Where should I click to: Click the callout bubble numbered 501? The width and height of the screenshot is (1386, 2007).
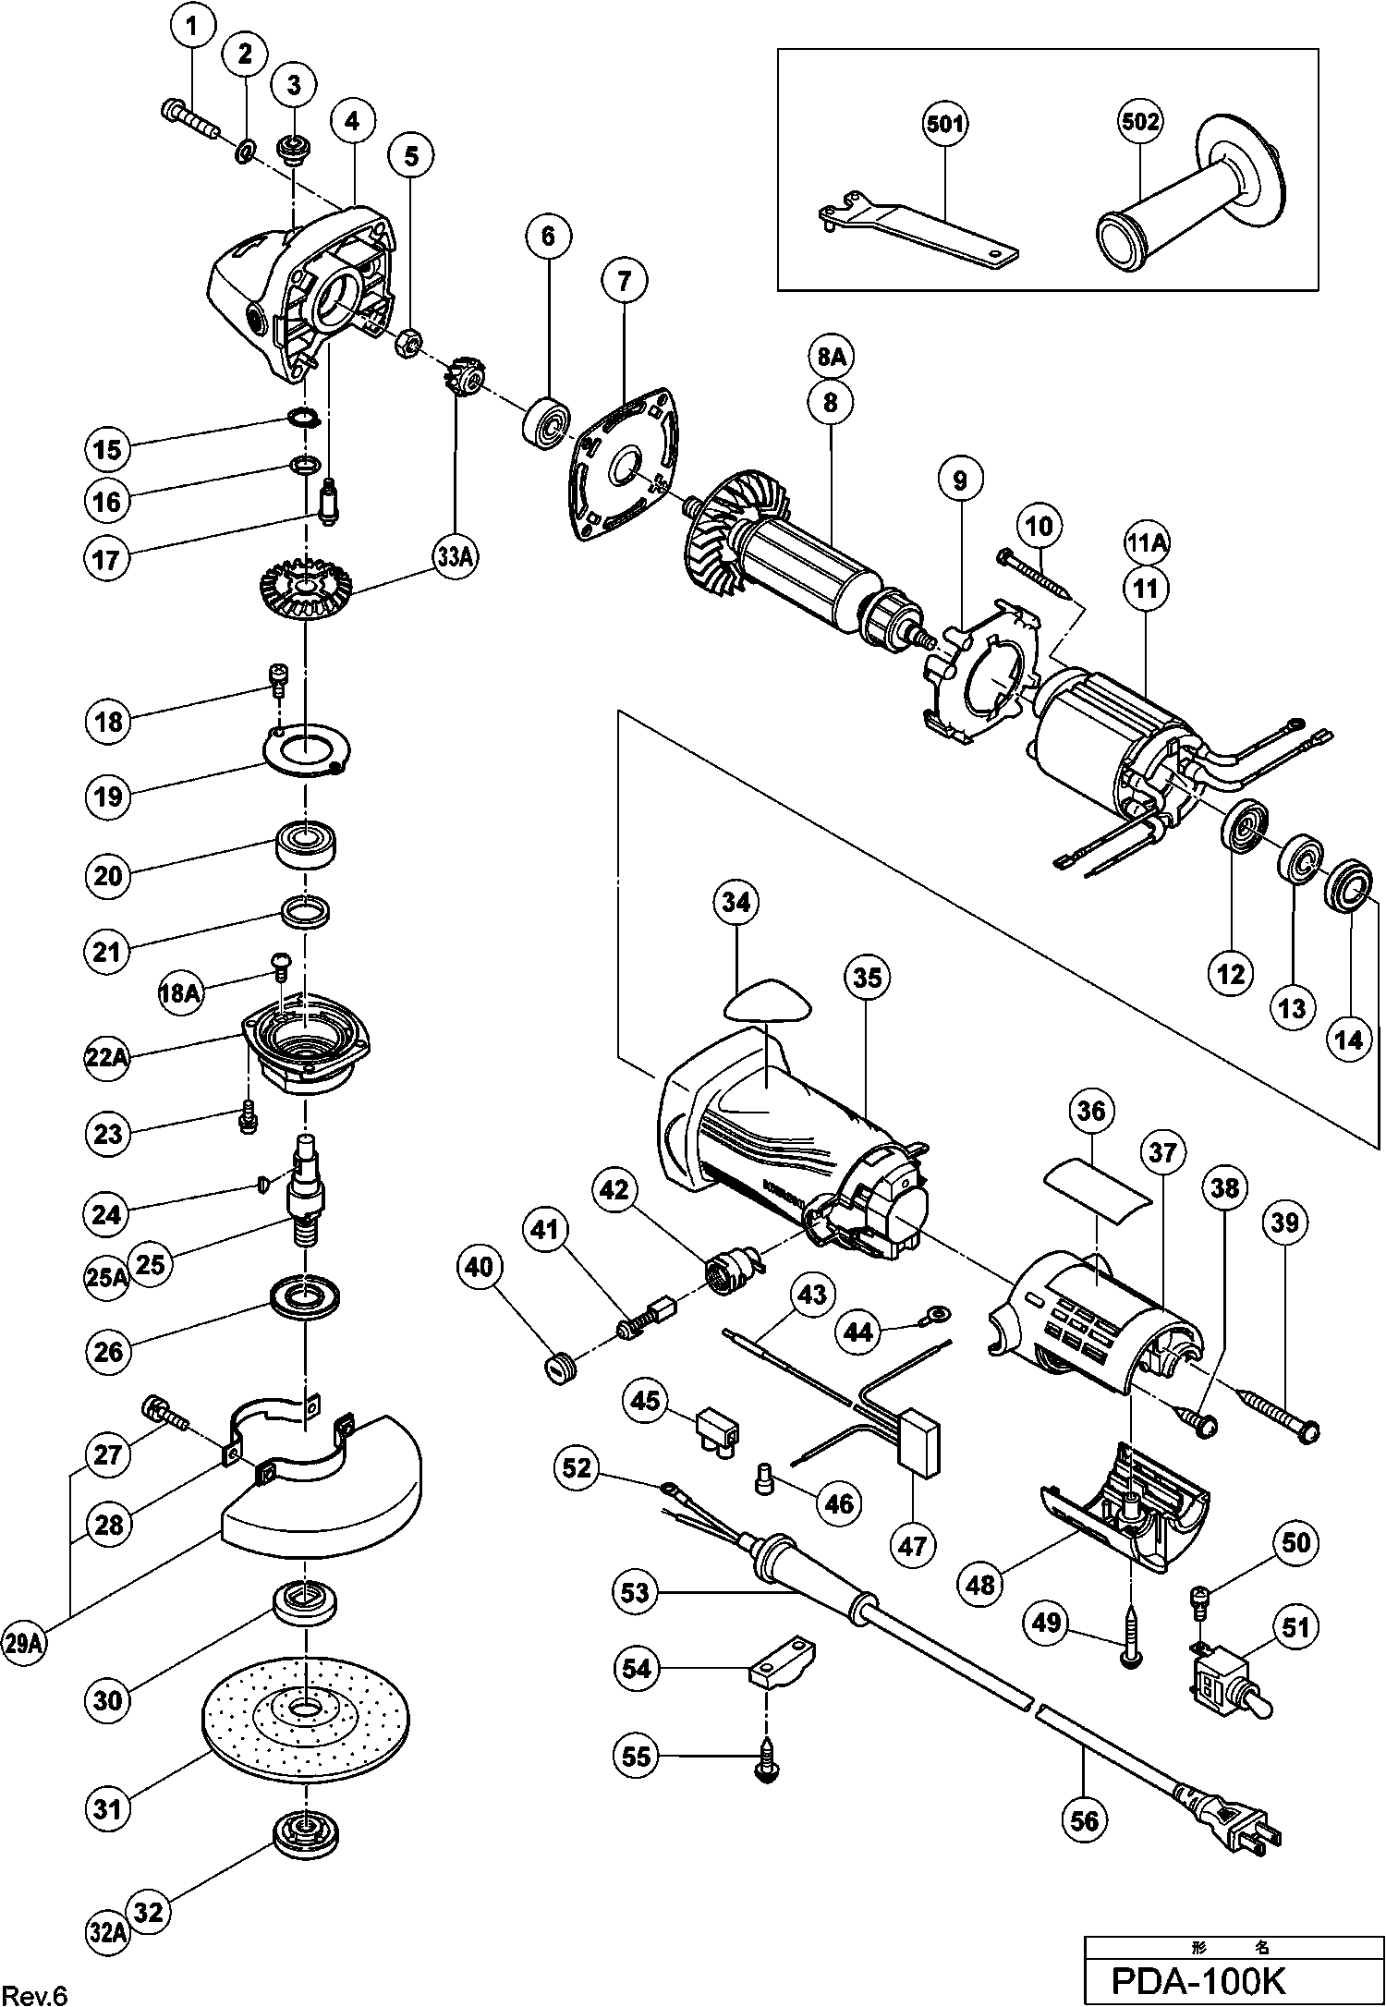943,123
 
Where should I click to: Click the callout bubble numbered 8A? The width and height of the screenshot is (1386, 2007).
831,357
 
